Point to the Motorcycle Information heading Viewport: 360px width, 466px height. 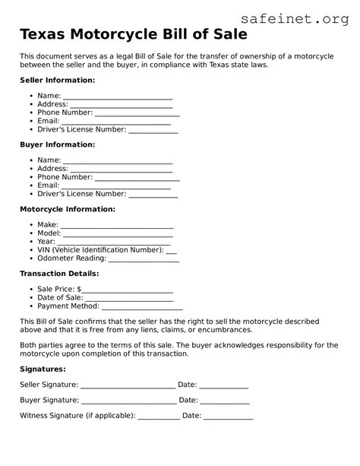click(67, 208)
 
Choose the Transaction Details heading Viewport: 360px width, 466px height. click(59, 273)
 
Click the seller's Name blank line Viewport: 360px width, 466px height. click(118, 98)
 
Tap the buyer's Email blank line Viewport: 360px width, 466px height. click(115, 186)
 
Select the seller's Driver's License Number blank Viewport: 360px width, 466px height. click(153, 131)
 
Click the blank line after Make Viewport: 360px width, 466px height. click(117, 227)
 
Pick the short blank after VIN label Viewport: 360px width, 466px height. click(171, 251)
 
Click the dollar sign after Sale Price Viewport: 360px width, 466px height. click(78, 290)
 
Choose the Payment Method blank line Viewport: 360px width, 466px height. click(142, 308)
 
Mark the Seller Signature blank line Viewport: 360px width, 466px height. click(127, 386)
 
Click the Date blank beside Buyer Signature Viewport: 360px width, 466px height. click(225, 401)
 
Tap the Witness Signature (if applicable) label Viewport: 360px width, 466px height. click(77, 416)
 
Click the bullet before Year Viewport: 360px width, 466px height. click(30, 242)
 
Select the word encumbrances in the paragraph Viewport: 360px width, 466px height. click(216, 330)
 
